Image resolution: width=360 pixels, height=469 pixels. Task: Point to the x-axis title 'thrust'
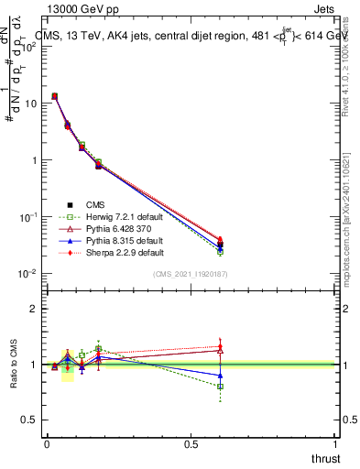324,458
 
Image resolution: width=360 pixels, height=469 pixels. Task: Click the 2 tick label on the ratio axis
34,309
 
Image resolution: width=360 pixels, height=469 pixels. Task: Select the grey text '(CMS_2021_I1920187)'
190,274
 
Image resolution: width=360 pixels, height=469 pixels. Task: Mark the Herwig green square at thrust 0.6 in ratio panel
220,387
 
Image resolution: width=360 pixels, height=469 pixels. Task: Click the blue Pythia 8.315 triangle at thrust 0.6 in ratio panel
220,376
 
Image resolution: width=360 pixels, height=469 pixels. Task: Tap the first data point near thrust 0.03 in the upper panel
54,95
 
